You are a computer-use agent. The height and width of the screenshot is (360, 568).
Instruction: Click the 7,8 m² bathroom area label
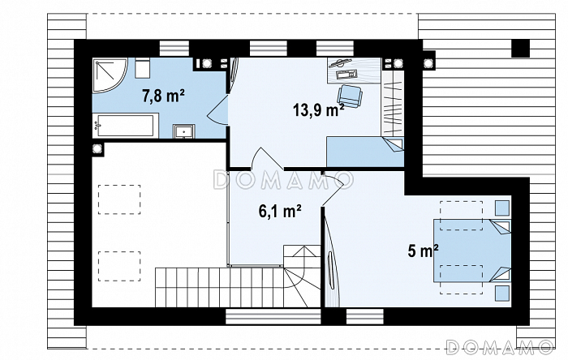[163, 96]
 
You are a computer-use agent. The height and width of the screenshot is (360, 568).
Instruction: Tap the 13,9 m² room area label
[318, 110]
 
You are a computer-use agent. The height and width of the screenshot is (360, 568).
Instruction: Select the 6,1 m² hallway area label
[280, 212]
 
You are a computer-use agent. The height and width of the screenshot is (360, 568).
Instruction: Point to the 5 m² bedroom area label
[423, 251]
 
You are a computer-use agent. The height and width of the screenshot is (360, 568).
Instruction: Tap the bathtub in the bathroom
[125, 126]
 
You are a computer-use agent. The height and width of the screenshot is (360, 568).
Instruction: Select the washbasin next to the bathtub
[184, 131]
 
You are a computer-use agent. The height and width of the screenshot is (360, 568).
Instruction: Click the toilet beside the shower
[142, 68]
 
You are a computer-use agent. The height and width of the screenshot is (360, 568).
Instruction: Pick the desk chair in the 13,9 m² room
[350, 96]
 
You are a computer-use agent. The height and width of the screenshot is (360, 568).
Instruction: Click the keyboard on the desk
[346, 75]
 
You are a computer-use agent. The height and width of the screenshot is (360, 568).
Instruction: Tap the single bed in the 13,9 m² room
[365, 152]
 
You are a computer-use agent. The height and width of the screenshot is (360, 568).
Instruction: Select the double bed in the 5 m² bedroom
[472, 251]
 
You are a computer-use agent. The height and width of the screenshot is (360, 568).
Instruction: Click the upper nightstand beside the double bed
[502, 208]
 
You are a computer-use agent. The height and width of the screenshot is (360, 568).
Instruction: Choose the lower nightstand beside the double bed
[502, 294]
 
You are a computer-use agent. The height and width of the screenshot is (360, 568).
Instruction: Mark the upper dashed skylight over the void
[119, 199]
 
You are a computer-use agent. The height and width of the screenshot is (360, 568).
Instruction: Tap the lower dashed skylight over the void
[119, 266]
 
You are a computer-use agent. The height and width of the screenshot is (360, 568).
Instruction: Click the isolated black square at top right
[521, 48]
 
